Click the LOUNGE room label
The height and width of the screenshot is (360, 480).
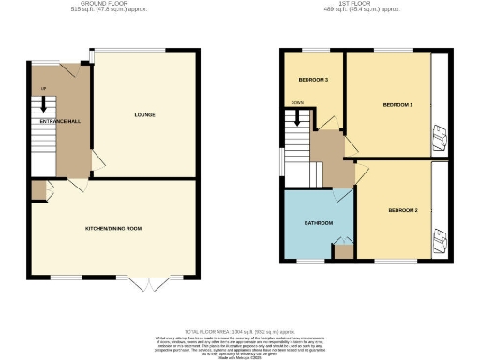144,115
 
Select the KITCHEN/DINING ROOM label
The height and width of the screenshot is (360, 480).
113,227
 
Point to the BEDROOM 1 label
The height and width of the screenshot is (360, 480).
397,104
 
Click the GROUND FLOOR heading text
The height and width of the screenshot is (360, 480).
112,4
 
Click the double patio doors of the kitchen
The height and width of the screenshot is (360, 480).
150,282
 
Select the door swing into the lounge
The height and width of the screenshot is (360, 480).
97,161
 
